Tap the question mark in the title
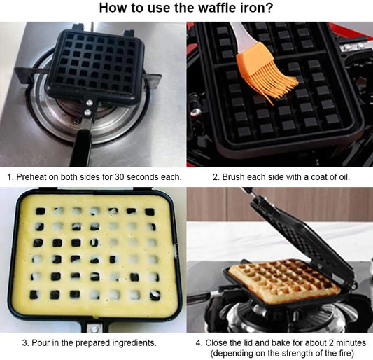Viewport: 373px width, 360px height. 269,8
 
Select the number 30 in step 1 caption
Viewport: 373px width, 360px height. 120,177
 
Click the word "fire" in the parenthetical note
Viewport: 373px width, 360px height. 342,353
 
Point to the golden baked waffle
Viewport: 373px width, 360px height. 284,281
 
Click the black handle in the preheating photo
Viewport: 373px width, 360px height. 81,148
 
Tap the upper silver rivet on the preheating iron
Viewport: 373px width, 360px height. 90,103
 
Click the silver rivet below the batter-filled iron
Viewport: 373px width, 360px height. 94,328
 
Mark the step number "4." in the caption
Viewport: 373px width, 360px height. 199,343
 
